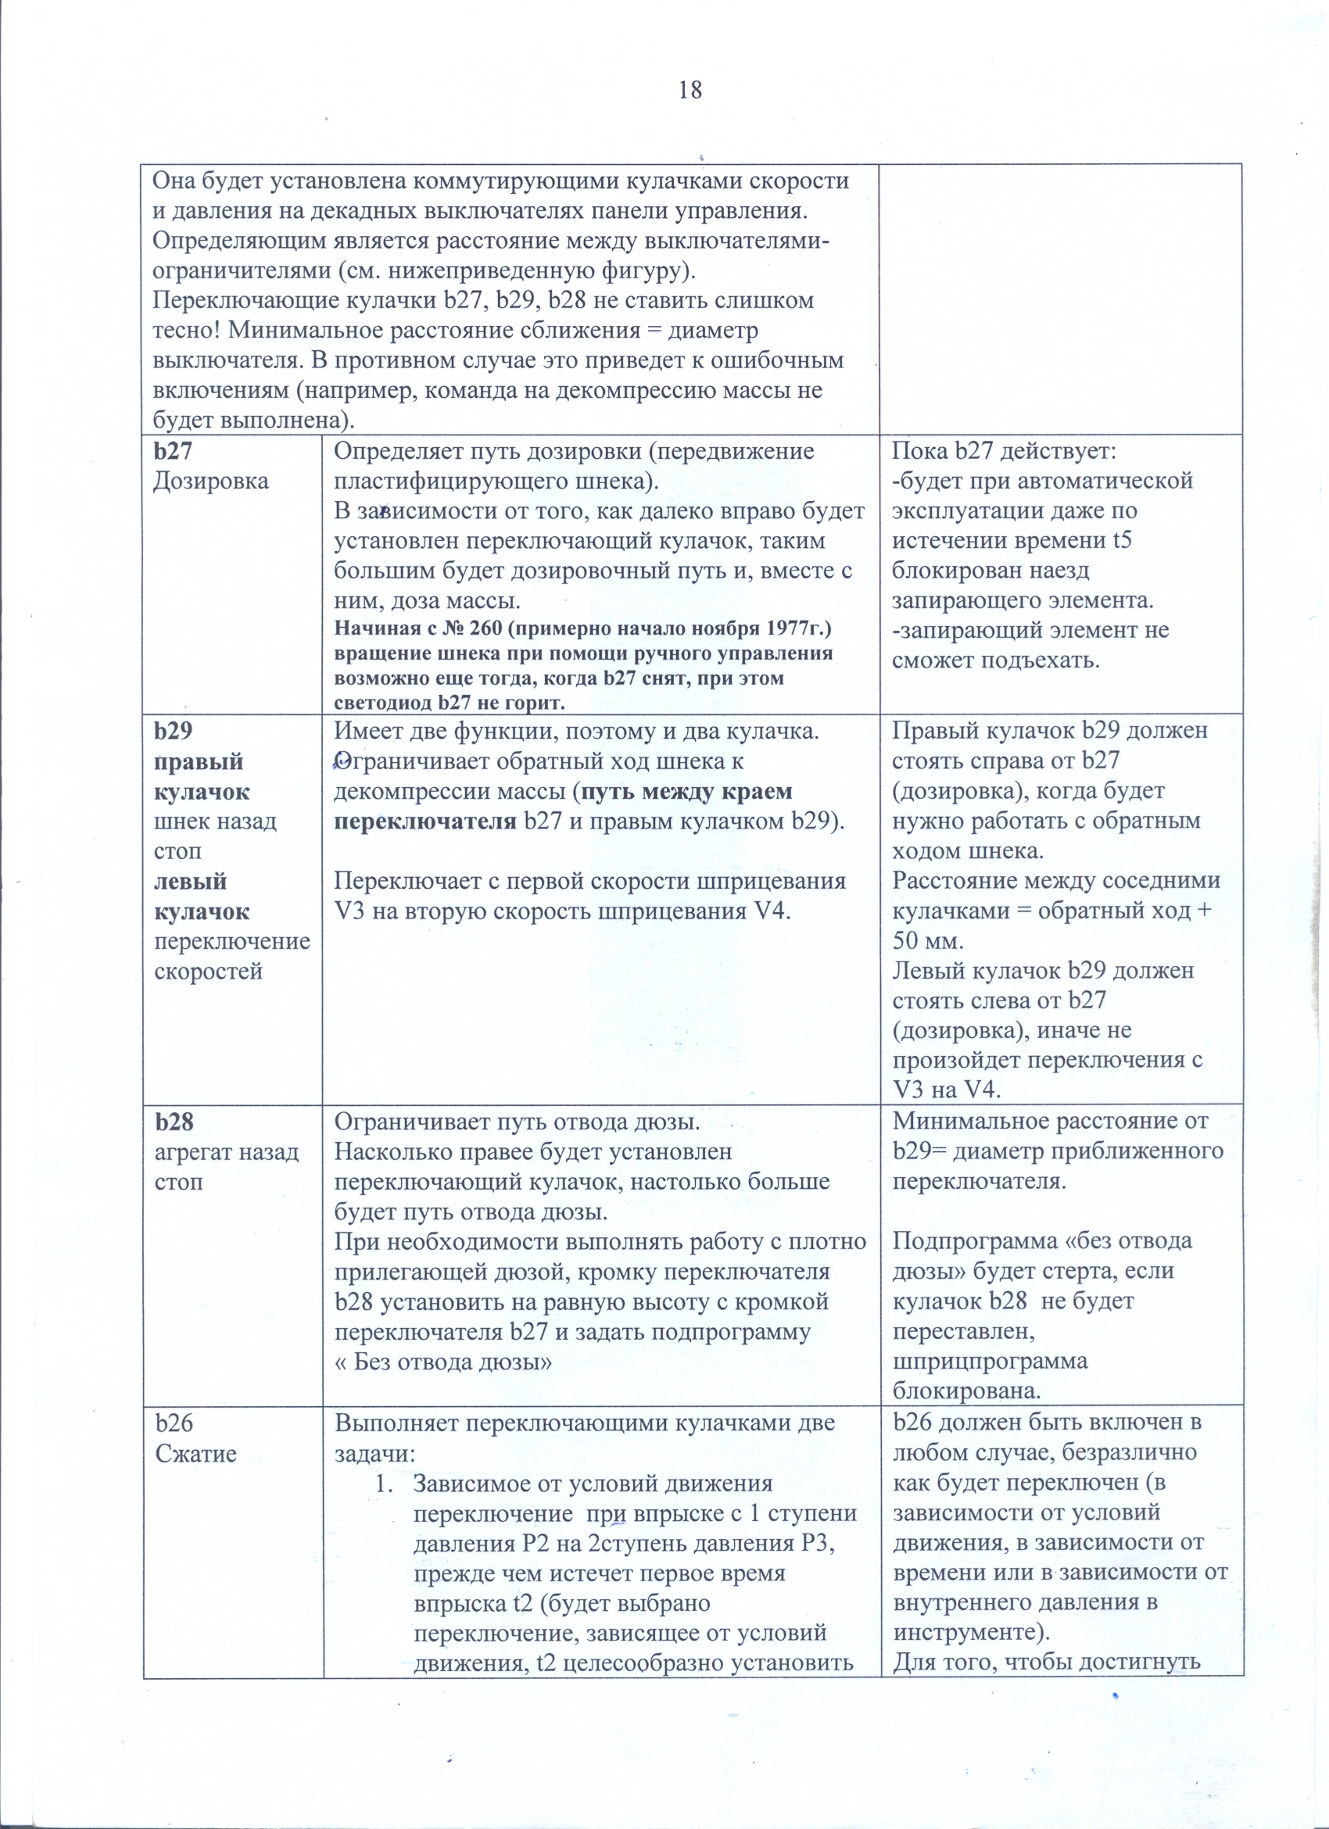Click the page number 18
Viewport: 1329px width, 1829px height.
(x=690, y=90)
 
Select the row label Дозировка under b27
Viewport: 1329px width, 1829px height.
(x=210, y=481)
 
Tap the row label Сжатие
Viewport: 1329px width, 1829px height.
(x=196, y=1453)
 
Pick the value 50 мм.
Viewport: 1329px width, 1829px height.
(x=928, y=941)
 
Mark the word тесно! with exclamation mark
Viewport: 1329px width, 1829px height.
(x=188, y=331)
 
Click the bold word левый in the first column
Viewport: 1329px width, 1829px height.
(x=189, y=882)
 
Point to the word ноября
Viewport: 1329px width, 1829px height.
(x=725, y=628)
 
